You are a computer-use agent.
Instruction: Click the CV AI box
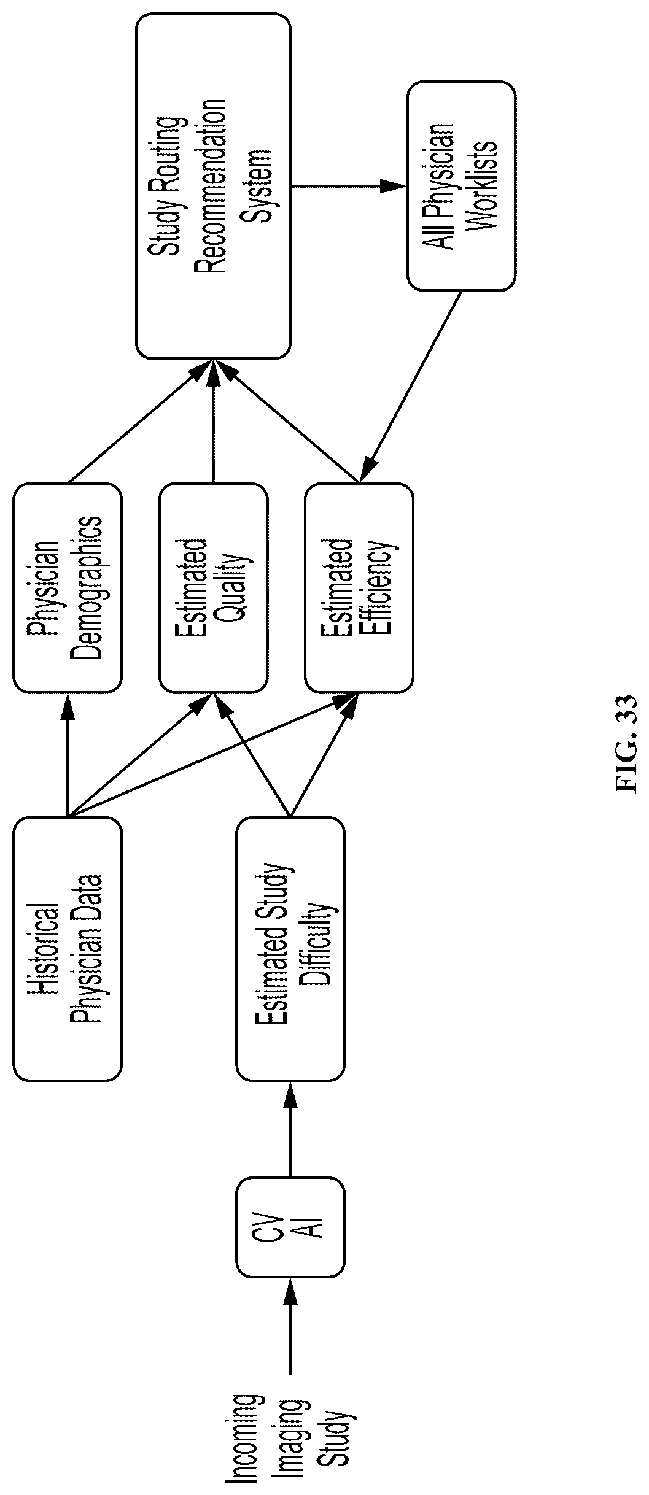pos(290,1227)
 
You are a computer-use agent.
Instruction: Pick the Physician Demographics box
pos(68,588)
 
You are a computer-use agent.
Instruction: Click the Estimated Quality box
pos(213,588)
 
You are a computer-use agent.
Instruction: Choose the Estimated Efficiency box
pos(359,588)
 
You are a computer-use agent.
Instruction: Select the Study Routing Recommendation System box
pos(213,187)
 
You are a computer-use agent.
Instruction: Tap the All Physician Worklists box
pos(461,187)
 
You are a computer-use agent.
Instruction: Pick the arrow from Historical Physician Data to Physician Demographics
pos(68,755)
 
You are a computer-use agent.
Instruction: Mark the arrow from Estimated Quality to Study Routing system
pos(213,422)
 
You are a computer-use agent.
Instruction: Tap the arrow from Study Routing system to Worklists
pos(349,187)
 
